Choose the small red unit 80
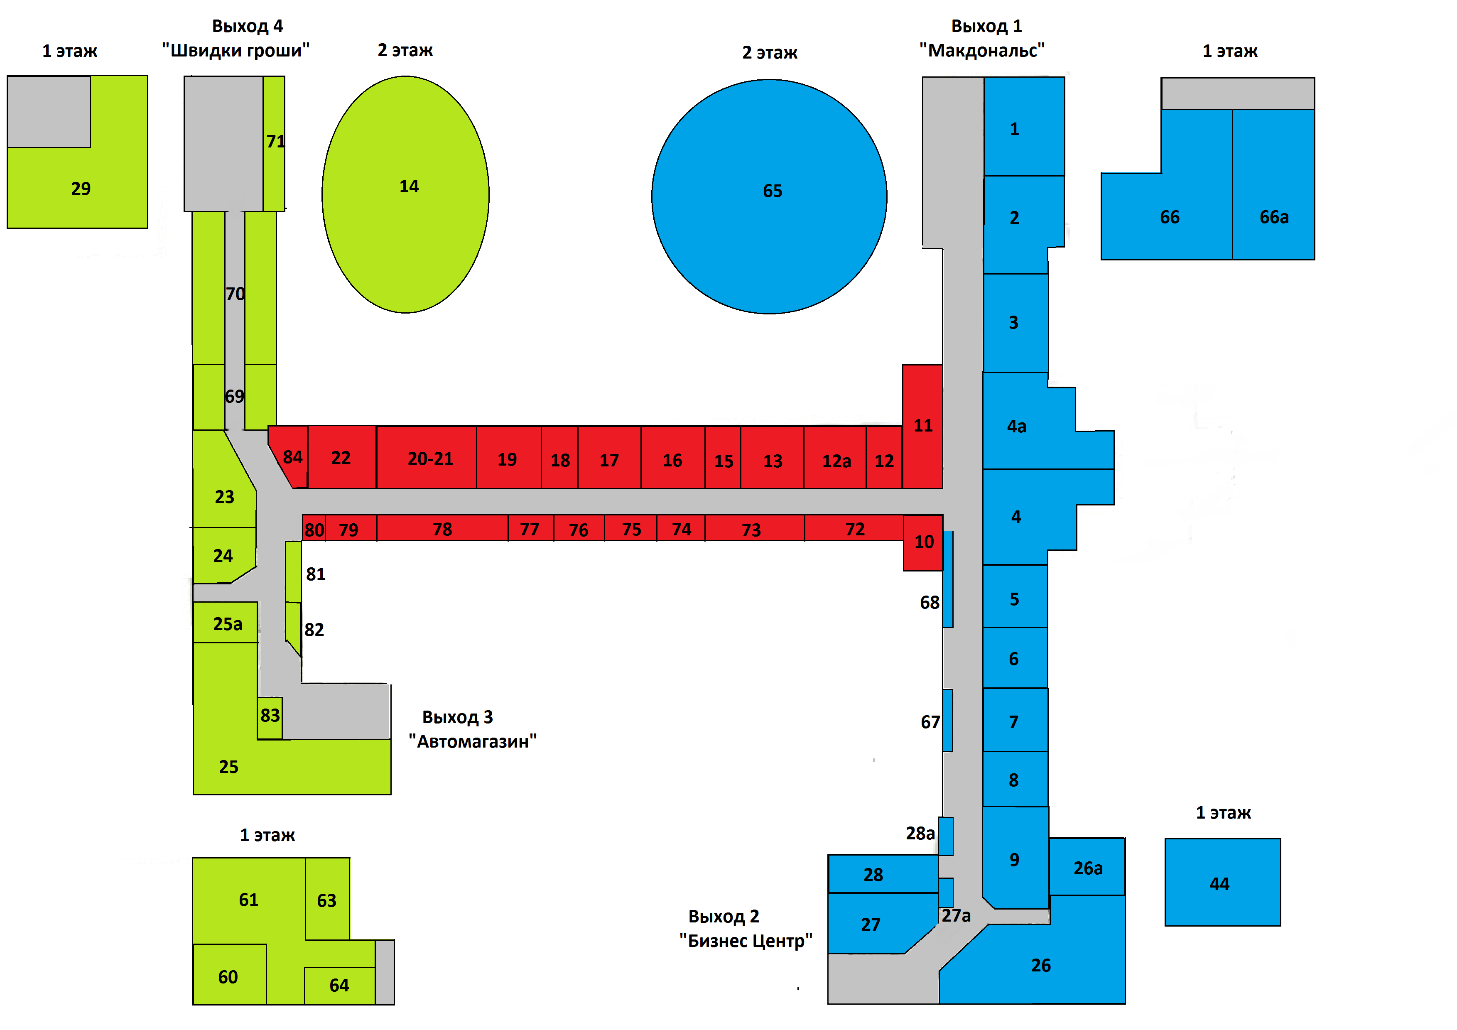[314, 529]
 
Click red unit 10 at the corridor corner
[923, 542]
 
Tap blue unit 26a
[1087, 868]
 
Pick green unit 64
[339, 986]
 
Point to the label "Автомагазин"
[473, 741]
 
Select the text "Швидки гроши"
[235, 51]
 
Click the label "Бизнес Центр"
[746, 941]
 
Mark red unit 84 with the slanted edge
[291, 457]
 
